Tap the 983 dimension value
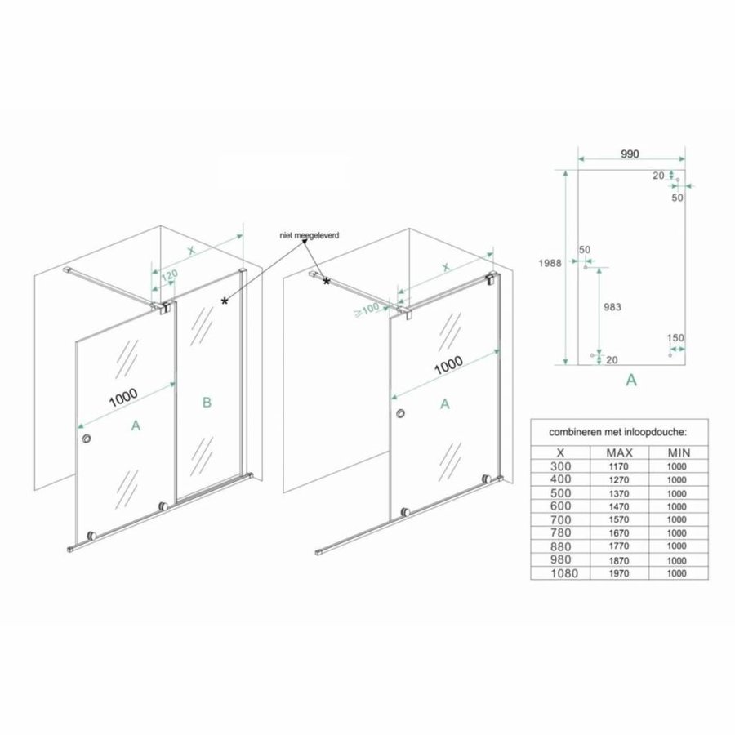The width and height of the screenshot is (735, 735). click(x=611, y=307)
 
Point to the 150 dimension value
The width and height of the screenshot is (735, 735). click(x=675, y=337)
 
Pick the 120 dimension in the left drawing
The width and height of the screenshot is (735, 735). click(x=169, y=275)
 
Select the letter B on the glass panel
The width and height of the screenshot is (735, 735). click(x=207, y=401)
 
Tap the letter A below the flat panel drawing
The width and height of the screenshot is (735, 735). click(x=630, y=380)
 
